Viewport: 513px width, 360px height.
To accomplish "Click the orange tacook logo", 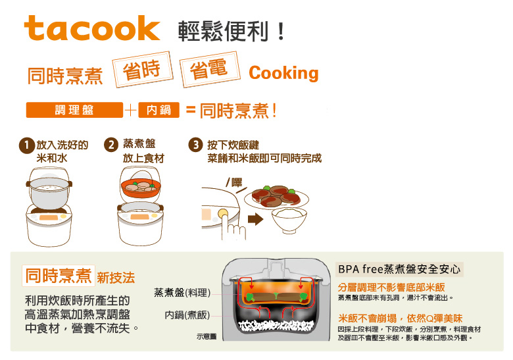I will pyautogui.click(x=92, y=28).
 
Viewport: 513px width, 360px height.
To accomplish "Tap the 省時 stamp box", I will pyautogui.click(x=143, y=70).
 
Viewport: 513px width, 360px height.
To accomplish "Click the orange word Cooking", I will pyautogui.click(x=283, y=73).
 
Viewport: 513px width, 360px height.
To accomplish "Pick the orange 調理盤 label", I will pyautogui.click(x=74, y=111).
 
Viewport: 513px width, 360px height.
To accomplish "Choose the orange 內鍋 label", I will pyautogui.click(x=159, y=111).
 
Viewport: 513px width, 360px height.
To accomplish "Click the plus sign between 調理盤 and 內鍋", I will pyautogui.click(x=130, y=111).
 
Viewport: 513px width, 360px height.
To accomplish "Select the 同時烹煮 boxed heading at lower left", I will pyautogui.click(x=58, y=276).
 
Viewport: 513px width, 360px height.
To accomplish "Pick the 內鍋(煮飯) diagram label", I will pyautogui.click(x=187, y=315).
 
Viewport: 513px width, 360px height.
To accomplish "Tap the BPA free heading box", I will pyautogui.click(x=399, y=269).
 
